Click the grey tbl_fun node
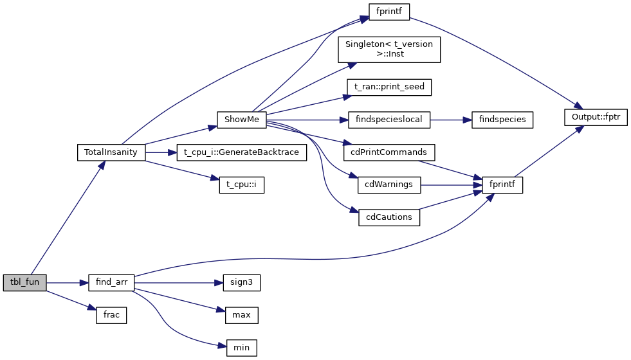[24, 283]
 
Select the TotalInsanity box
[111, 153]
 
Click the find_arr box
[111, 283]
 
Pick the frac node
[111, 316]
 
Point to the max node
[241, 316]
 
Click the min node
[241, 348]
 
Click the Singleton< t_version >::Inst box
[389, 50]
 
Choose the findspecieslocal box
[389, 120]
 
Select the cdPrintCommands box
[389, 153]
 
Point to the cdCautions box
[389, 217]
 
